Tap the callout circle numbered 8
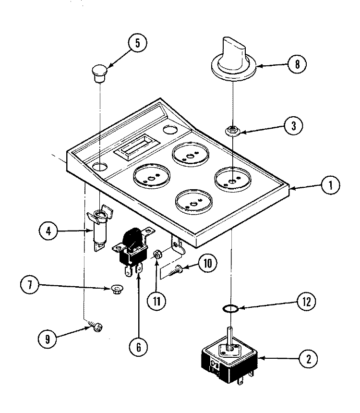[x=297, y=64]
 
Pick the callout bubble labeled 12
[x=307, y=302]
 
